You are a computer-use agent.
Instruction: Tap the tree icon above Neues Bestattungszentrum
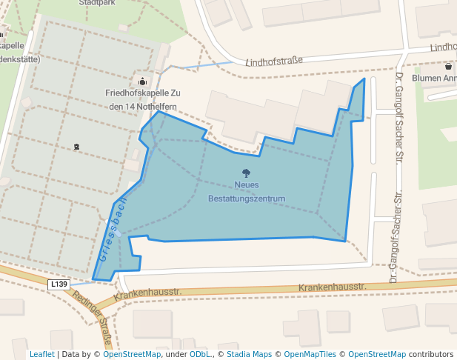click(246, 173)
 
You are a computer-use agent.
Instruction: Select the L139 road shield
click(59, 284)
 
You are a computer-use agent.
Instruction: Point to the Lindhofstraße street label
click(274, 62)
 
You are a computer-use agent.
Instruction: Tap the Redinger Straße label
click(95, 317)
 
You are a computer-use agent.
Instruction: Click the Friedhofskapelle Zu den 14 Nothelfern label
click(142, 100)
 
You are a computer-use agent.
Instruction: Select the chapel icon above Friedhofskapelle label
click(142, 81)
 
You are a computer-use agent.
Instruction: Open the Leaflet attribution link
click(41, 354)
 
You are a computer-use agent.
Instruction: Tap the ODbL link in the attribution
click(199, 354)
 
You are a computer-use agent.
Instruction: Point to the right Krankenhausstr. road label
click(333, 286)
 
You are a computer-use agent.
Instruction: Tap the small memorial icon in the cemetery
click(76, 147)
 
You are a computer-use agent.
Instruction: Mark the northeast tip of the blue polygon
click(364, 79)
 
